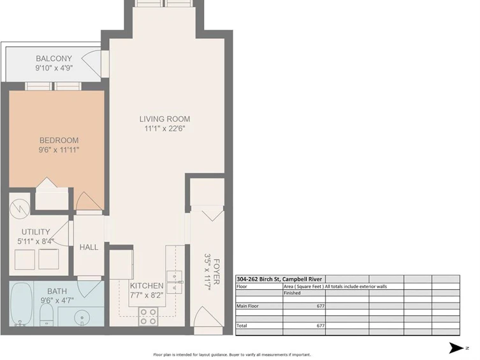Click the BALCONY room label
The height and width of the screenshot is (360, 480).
[x=54, y=59]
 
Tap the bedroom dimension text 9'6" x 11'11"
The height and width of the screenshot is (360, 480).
[x=59, y=150]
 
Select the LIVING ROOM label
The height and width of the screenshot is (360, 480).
[x=164, y=119]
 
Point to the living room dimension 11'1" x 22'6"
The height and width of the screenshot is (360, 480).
[x=164, y=129]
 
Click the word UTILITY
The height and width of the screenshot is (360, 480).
[x=36, y=232]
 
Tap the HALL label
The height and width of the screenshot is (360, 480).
[x=89, y=247]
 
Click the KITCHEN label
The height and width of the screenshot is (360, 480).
[x=147, y=285]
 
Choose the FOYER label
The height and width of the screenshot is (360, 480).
[x=217, y=271]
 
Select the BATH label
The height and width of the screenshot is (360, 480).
[x=57, y=291]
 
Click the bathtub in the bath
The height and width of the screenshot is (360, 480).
[x=21, y=304]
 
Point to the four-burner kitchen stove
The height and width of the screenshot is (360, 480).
[x=149, y=317]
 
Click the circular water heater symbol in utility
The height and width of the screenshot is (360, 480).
[x=19, y=210]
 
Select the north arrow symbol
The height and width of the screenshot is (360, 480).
[x=456, y=348]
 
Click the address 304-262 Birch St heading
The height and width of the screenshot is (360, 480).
[x=279, y=279]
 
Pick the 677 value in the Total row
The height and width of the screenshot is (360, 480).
[x=321, y=326]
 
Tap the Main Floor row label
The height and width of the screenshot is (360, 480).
[x=247, y=306]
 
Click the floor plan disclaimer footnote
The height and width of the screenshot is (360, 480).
[x=232, y=355]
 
